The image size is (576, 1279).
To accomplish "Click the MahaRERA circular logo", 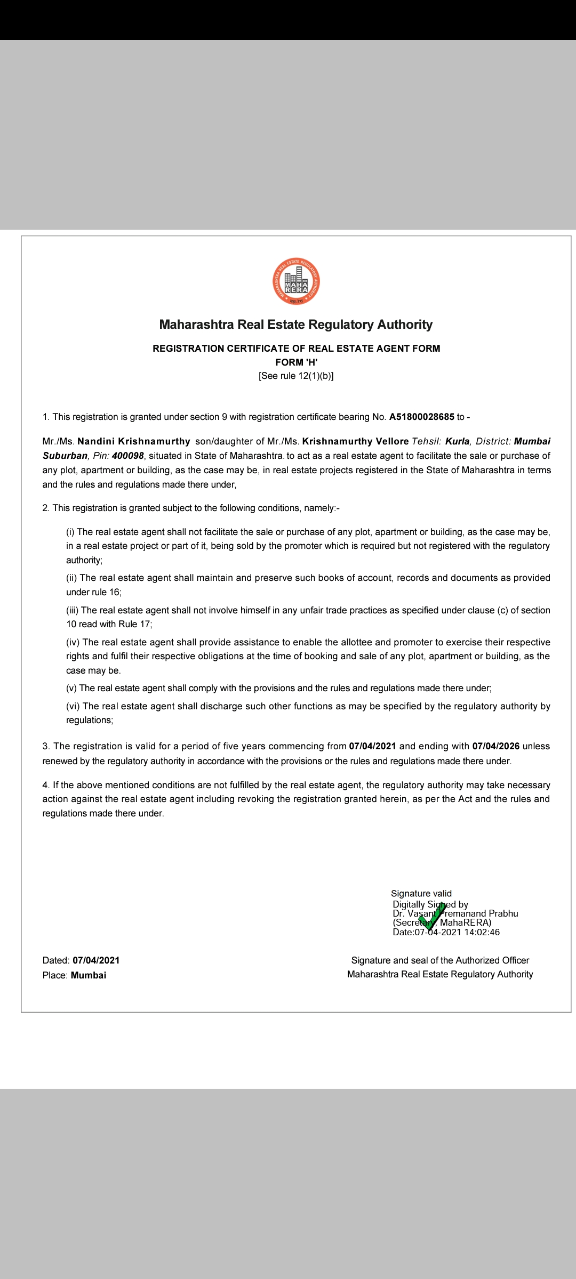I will click(296, 281).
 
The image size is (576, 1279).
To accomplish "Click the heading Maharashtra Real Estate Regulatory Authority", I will click(296, 325).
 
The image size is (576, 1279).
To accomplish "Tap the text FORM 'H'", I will click(296, 362).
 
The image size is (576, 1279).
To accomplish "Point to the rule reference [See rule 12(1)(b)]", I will click(296, 376).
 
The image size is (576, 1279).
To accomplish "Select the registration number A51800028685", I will click(421, 417).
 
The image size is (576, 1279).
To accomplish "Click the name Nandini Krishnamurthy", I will click(134, 441).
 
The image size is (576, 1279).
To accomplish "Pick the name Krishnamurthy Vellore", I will click(355, 441).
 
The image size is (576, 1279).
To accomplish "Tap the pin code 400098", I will click(128, 456).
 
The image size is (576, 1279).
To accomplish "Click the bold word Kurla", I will click(458, 441).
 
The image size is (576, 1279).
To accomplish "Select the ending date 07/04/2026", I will click(495, 746).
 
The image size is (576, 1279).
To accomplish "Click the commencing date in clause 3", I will click(372, 746).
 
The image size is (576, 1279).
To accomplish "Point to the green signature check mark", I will click(431, 917).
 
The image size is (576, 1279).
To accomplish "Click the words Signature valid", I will click(421, 893).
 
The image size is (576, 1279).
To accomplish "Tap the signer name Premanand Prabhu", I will click(478, 913).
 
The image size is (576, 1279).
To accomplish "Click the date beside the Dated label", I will click(96, 960).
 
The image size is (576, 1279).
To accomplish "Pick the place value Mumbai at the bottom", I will click(89, 975).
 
